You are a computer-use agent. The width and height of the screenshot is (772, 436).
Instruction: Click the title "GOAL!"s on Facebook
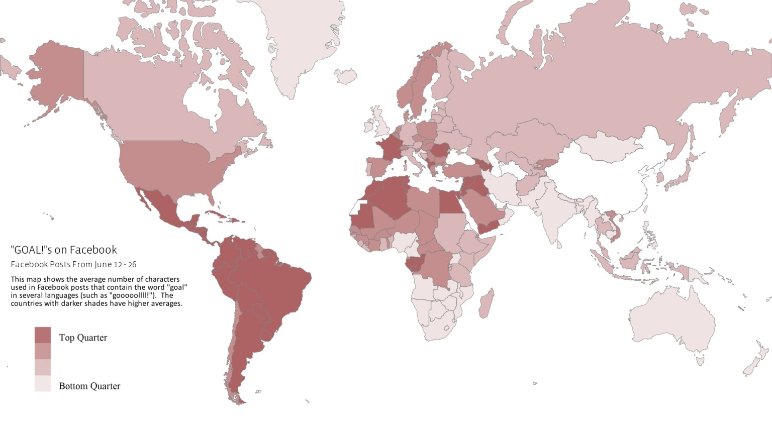click(x=63, y=250)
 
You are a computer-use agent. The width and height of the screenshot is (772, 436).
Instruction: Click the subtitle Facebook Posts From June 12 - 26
click(x=73, y=264)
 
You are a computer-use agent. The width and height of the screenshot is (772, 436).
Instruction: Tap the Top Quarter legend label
click(x=83, y=338)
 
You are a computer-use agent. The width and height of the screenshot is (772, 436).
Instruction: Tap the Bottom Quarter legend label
click(x=89, y=386)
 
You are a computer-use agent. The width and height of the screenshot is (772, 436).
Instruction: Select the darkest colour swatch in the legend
click(x=43, y=335)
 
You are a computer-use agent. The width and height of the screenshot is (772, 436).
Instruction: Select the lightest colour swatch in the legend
click(x=43, y=383)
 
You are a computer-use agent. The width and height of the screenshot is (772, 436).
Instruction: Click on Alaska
click(x=58, y=75)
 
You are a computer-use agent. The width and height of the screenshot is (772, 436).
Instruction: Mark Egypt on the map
click(x=450, y=203)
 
